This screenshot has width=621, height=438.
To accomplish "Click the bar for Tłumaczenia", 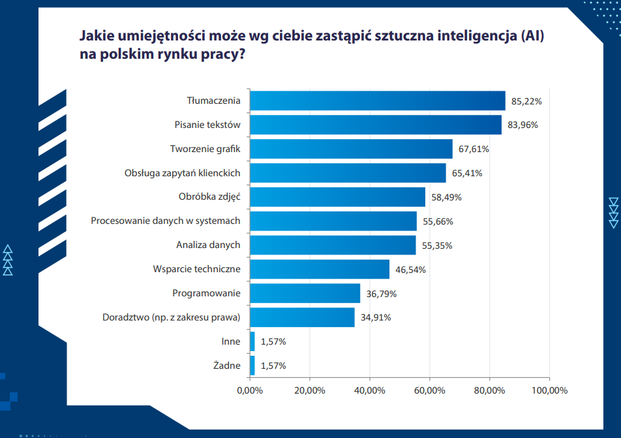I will pos(378,101).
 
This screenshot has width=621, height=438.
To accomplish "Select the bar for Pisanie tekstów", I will pos(376,125).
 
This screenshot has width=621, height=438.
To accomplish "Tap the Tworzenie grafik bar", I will pos(351,149).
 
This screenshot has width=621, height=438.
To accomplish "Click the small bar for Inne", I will pos(252,341).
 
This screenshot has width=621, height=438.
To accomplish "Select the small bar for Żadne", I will pos(252,366).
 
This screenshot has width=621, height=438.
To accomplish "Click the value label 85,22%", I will pos(526,101).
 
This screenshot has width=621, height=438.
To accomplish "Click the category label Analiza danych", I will pos(208,245).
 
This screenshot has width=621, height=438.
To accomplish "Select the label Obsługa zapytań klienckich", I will pos(182,173).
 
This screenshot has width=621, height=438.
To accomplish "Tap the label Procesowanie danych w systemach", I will pos(165,221).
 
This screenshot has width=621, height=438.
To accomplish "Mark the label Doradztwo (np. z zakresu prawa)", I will pos(172,317).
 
